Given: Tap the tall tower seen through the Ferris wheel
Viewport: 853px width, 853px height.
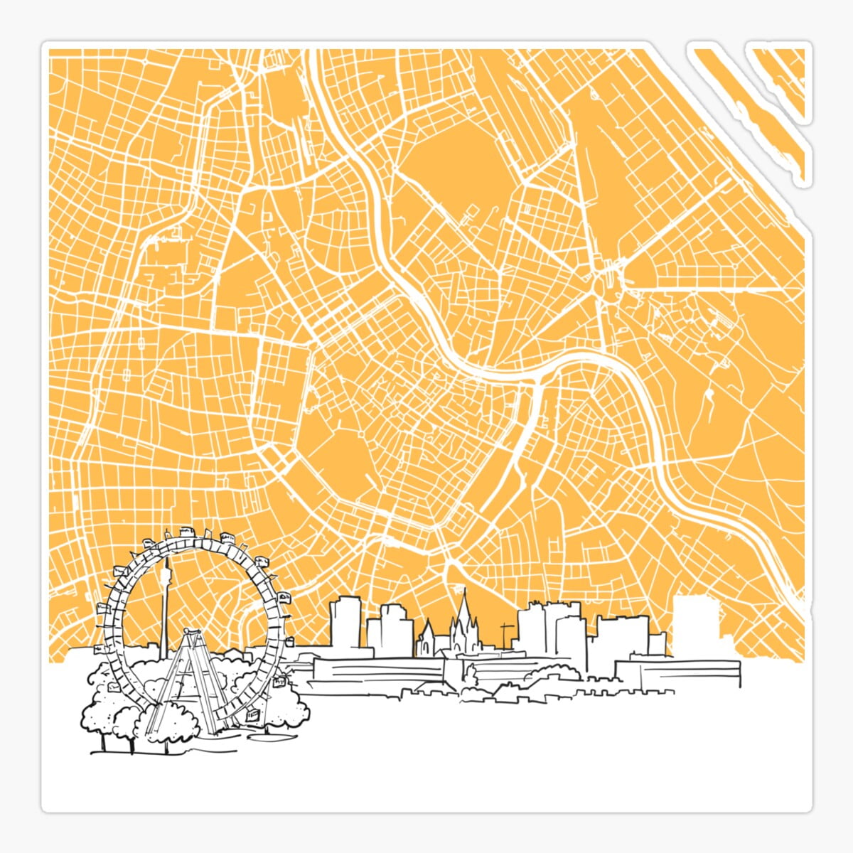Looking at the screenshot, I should point(166,604).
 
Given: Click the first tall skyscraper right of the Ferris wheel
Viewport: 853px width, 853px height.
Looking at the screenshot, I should point(345,622).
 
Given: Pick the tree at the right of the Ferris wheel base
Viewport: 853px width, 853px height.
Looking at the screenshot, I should point(288,707).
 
